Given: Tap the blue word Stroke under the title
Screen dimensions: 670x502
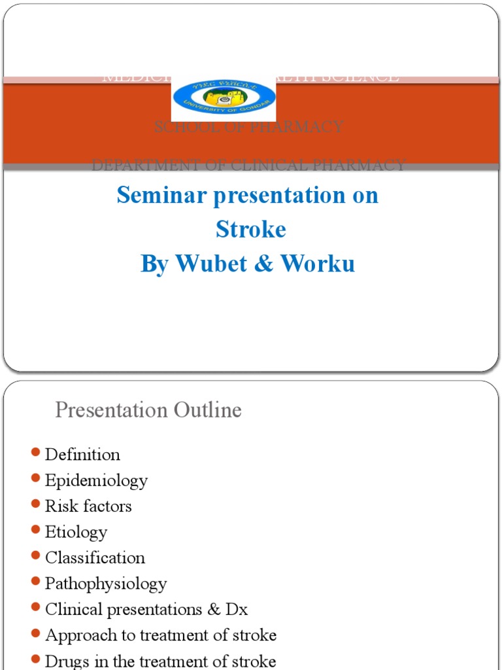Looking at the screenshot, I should tap(251, 229).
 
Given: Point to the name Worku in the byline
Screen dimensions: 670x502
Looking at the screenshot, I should tap(318, 263).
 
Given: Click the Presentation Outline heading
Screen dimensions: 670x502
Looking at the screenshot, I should tap(148, 410).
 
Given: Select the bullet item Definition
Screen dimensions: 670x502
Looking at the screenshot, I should tap(82, 454).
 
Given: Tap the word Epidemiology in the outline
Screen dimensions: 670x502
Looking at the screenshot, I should tap(96, 480).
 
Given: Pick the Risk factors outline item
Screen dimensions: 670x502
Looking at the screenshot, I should tap(88, 506).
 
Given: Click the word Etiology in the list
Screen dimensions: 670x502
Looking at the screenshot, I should tap(76, 532).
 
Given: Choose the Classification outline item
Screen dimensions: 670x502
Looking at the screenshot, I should tap(95, 557).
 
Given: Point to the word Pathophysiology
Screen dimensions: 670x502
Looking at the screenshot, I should tap(106, 583).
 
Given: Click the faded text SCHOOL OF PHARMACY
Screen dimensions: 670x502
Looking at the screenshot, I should tap(248, 127).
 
